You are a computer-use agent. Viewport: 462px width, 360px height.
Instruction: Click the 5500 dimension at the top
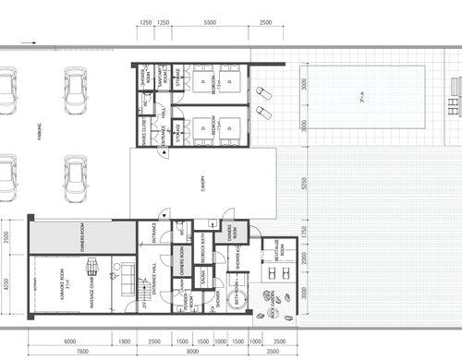[210, 21]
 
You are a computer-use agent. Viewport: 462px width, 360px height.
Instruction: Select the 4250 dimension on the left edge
[7, 284]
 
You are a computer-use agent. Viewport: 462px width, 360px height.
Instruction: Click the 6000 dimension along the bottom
[70, 341]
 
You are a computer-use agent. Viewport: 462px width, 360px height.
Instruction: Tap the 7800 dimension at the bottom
[82, 352]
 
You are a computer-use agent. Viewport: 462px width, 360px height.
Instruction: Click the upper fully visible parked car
[76, 90]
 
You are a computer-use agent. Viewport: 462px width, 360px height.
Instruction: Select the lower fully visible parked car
[76, 178]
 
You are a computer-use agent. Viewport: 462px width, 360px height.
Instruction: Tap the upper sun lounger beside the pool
[263, 93]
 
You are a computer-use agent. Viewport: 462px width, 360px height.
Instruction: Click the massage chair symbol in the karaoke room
[92, 267]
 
